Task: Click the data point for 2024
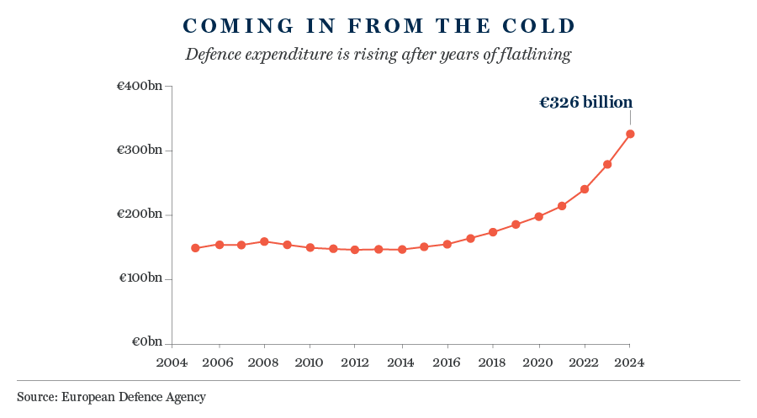630,134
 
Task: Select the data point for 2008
264,241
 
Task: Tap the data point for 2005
195,248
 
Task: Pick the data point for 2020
538,216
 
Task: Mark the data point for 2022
585,189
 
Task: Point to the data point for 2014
402,249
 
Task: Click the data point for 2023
607,164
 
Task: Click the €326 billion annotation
585,103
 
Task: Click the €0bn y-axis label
148,342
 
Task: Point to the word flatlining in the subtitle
535,56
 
